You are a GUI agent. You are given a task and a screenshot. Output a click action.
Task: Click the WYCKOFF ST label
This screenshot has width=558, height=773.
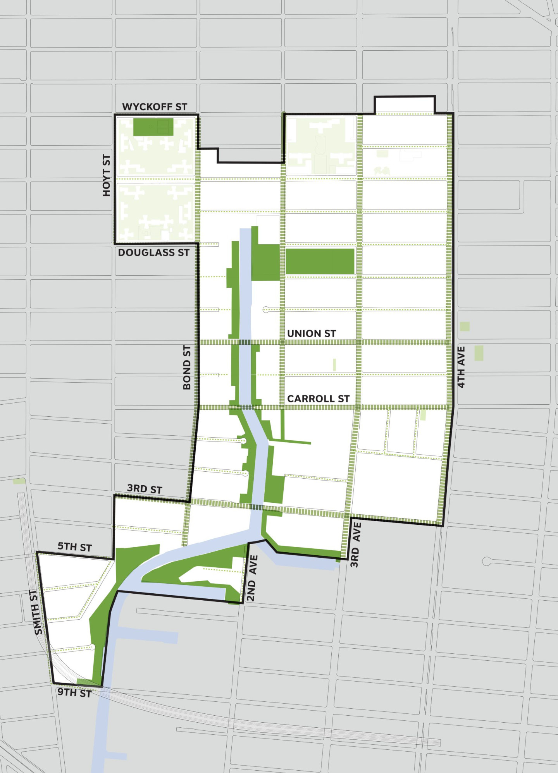pos(155,107)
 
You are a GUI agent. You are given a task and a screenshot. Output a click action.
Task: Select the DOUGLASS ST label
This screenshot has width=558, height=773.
pos(153,253)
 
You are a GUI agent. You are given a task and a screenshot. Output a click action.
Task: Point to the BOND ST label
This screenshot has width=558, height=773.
pos(187,367)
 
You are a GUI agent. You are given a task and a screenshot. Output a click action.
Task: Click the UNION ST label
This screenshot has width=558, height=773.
pos(311,333)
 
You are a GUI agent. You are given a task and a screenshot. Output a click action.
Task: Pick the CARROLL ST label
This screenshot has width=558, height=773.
pos(318,399)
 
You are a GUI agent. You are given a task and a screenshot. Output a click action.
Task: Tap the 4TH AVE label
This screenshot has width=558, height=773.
pos(461,367)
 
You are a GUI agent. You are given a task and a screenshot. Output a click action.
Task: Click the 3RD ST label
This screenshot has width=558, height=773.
pos(144,489)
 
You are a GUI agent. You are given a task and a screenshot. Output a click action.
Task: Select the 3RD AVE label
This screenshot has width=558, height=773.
pos(355,545)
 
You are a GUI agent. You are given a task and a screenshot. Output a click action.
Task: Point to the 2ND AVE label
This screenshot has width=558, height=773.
pos(252,578)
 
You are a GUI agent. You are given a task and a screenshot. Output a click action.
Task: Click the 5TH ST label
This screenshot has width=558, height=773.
pos(74,547)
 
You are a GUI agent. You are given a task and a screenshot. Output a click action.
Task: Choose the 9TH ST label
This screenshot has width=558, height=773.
pos(74,692)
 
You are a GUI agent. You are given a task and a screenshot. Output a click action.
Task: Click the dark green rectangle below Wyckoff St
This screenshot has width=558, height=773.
pos(153,127)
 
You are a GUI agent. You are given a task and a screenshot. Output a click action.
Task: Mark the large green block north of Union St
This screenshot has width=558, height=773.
pos(320,261)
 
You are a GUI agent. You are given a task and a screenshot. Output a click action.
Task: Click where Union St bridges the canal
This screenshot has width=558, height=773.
pos(245,342)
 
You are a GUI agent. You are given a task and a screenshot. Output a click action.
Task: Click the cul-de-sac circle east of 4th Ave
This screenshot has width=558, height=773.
pos(487,561)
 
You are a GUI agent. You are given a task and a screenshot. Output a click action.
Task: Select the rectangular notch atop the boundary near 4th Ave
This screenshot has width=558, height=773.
pos(405,105)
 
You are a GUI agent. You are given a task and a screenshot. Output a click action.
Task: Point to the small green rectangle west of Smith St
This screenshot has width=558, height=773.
pos(19,481)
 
